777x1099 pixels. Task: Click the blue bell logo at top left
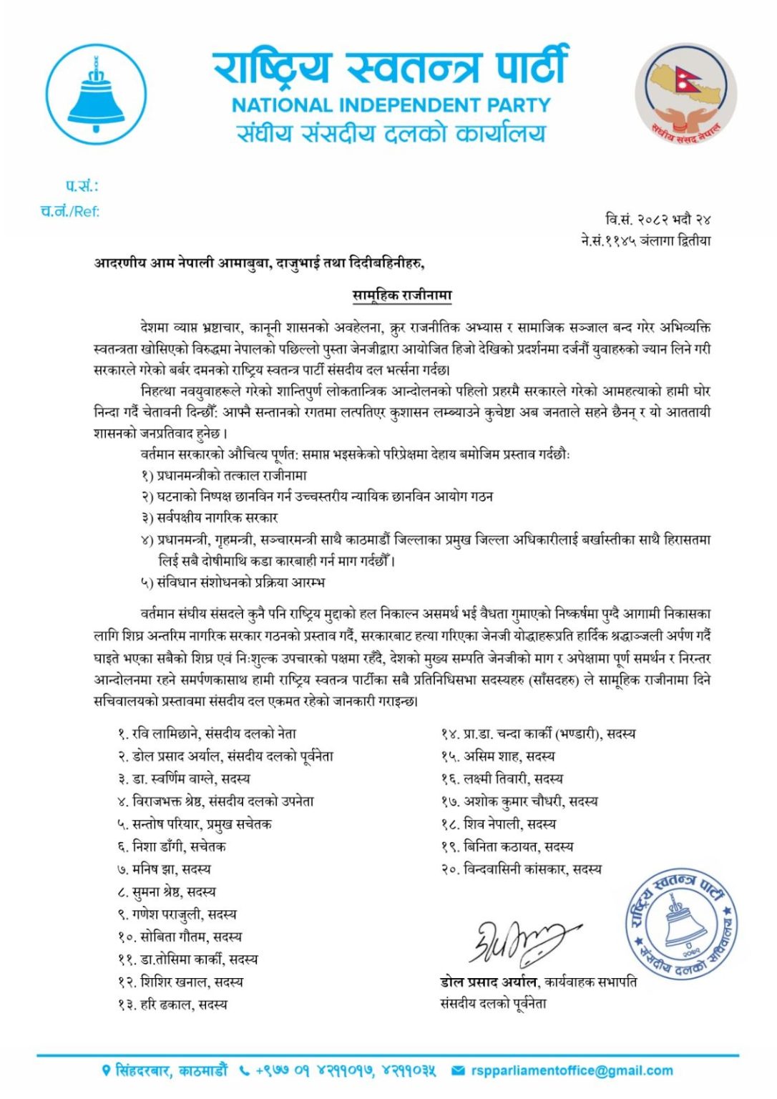tap(96, 94)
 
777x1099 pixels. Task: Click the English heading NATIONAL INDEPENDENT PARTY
tap(391, 105)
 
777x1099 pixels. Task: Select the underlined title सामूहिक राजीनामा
tap(401, 295)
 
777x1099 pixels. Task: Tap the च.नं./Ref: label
tap(70, 211)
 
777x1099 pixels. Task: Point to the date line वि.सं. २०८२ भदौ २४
tap(658, 219)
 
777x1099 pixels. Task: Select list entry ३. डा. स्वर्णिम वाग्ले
tap(185, 778)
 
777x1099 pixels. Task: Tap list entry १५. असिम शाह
tap(498, 756)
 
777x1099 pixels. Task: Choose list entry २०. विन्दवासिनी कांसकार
tap(522, 869)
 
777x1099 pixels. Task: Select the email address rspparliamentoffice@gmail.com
tap(572, 1070)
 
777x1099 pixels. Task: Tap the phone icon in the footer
tap(245, 1071)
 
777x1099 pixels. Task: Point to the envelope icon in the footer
tap(459, 1071)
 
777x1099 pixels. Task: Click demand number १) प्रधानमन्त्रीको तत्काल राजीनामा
tap(224, 475)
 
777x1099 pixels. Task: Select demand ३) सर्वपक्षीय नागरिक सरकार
tap(210, 517)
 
